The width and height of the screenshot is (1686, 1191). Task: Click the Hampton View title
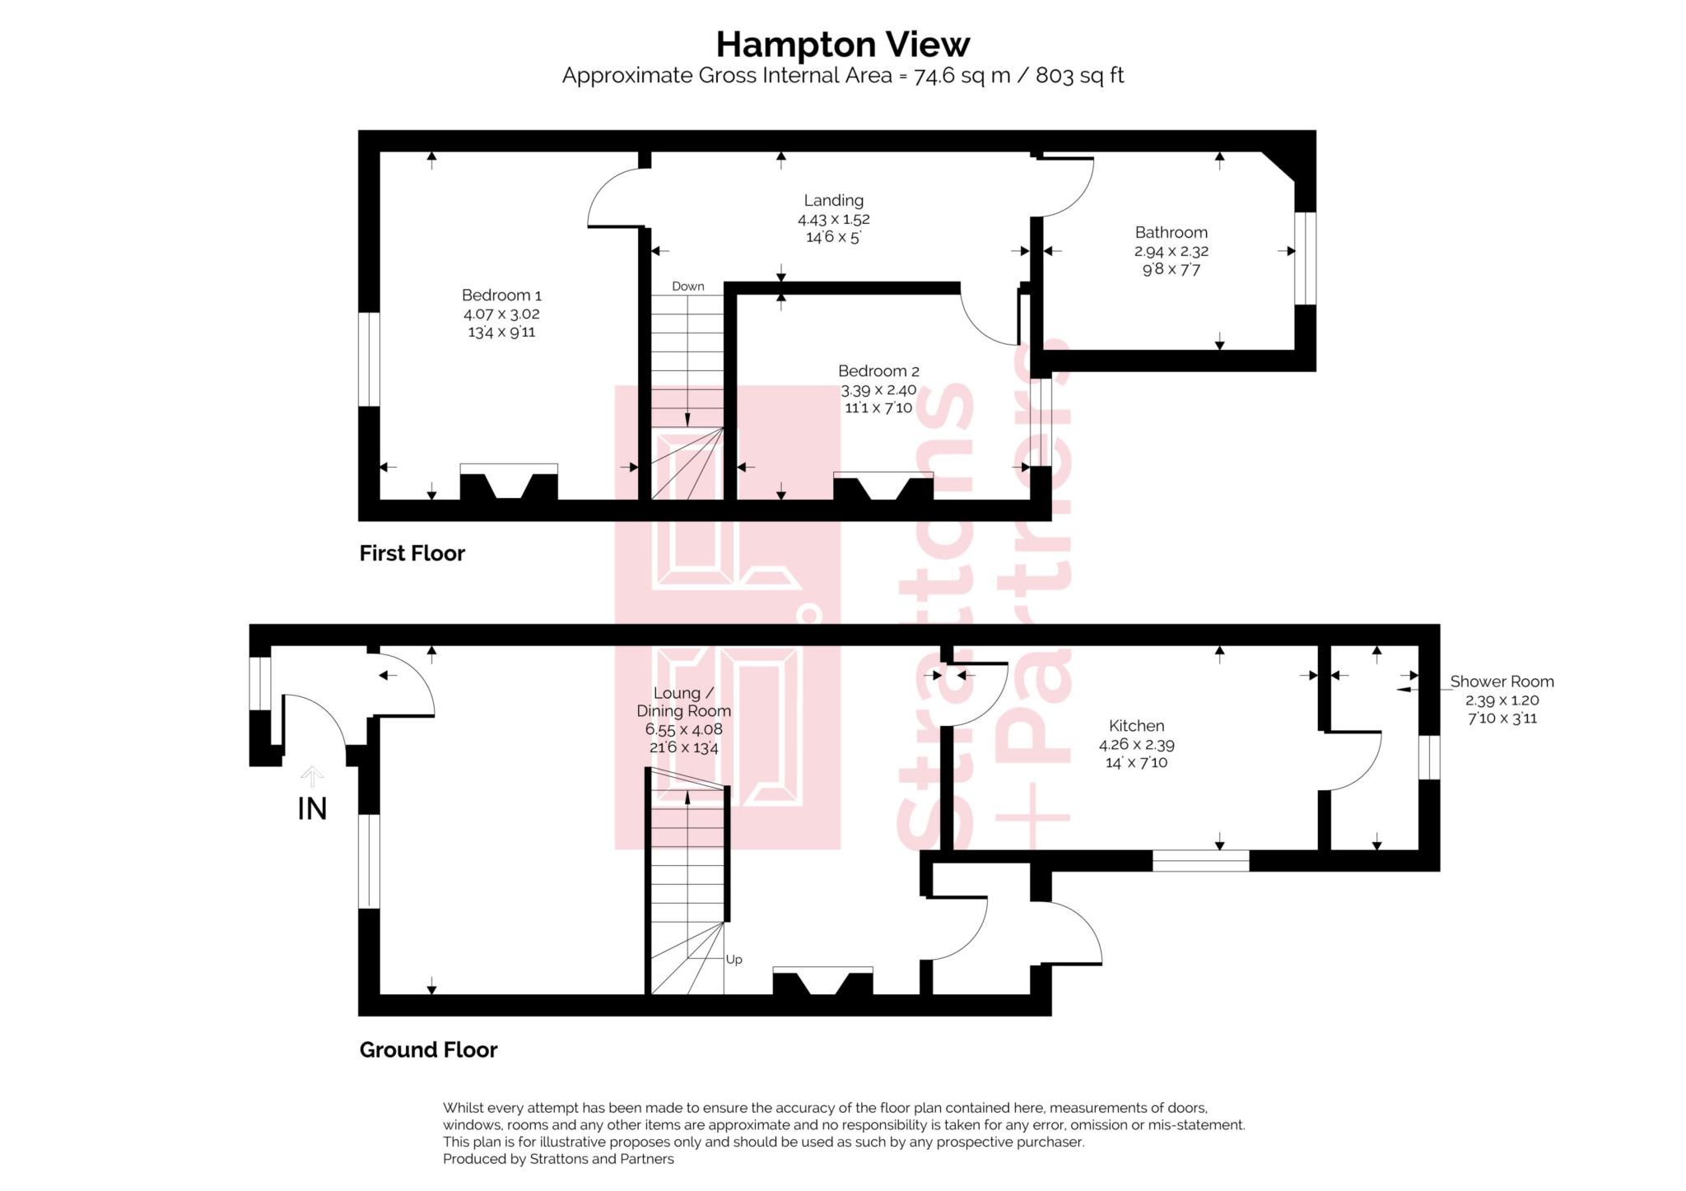pyautogui.click(x=842, y=44)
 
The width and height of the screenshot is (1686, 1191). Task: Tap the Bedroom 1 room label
pyautogui.click(x=501, y=295)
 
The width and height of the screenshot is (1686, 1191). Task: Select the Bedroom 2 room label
pyautogui.click(x=878, y=371)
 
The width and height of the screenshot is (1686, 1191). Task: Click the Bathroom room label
pyautogui.click(x=1171, y=232)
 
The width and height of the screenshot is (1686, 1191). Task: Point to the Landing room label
pyautogui.click(x=833, y=200)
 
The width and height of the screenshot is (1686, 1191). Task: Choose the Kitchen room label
pyautogui.click(x=1136, y=726)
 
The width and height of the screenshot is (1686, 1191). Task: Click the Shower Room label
pyautogui.click(x=1502, y=682)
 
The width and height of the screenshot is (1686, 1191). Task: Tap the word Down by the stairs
pyautogui.click(x=687, y=286)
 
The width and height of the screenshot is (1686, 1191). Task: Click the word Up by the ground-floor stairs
pyautogui.click(x=734, y=960)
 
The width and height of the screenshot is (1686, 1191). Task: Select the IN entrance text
pyautogui.click(x=312, y=809)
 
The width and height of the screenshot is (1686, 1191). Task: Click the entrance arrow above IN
pyautogui.click(x=311, y=776)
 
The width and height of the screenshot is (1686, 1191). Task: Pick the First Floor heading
pyautogui.click(x=412, y=553)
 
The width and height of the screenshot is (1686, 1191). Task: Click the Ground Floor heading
pyautogui.click(x=428, y=1049)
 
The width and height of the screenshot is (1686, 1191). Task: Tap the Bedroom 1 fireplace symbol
pyautogui.click(x=509, y=482)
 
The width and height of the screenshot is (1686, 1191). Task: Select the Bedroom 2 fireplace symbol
pyautogui.click(x=883, y=486)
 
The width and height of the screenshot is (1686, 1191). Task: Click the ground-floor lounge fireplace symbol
pyautogui.click(x=822, y=981)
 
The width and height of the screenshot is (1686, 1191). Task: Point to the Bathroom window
pyautogui.click(x=1305, y=258)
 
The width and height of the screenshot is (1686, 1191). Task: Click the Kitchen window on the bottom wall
pyautogui.click(x=1200, y=861)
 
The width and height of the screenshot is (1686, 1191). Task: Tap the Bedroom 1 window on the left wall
pyautogui.click(x=369, y=359)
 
